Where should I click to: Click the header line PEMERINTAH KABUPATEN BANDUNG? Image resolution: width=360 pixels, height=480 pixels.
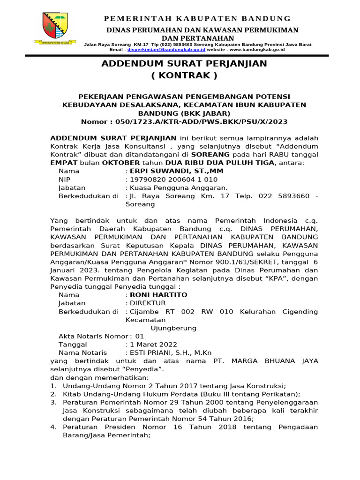[197, 18]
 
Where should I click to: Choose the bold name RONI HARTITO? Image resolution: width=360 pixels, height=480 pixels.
[158, 295]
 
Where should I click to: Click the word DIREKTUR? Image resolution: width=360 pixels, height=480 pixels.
[148, 303]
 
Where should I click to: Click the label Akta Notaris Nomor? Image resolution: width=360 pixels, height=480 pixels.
[93, 336]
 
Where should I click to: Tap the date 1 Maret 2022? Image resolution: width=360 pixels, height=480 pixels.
[153, 345]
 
